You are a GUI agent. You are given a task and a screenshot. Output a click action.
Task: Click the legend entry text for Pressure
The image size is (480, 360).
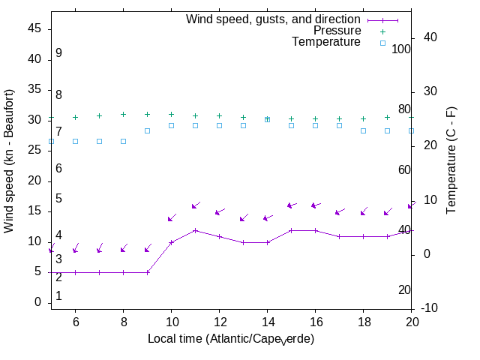(337, 31)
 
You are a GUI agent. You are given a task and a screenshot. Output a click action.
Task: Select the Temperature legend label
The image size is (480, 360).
(326, 43)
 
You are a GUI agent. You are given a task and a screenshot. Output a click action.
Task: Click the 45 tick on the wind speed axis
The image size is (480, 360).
(37, 28)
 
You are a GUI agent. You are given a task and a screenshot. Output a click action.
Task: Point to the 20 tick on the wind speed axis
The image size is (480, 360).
(37, 181)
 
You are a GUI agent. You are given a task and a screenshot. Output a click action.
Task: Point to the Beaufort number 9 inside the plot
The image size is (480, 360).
(58, 53)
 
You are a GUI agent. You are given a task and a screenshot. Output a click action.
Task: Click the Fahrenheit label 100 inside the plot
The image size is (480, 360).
(401, 49)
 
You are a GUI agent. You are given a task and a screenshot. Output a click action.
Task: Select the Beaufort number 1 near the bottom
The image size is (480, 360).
(58, 296)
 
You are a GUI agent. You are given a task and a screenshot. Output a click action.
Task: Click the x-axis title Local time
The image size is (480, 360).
(230, 339)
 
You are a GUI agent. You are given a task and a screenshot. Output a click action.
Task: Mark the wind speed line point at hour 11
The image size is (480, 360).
(195, 230)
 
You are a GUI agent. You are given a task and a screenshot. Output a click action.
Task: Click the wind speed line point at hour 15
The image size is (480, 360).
(291, 230)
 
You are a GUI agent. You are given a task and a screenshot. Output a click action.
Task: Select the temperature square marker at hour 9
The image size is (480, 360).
(147, 130)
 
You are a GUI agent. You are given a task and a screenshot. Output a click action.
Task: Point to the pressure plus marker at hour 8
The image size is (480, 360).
(123, 115)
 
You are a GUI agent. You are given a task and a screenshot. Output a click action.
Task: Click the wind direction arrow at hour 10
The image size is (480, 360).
(172, 217)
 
